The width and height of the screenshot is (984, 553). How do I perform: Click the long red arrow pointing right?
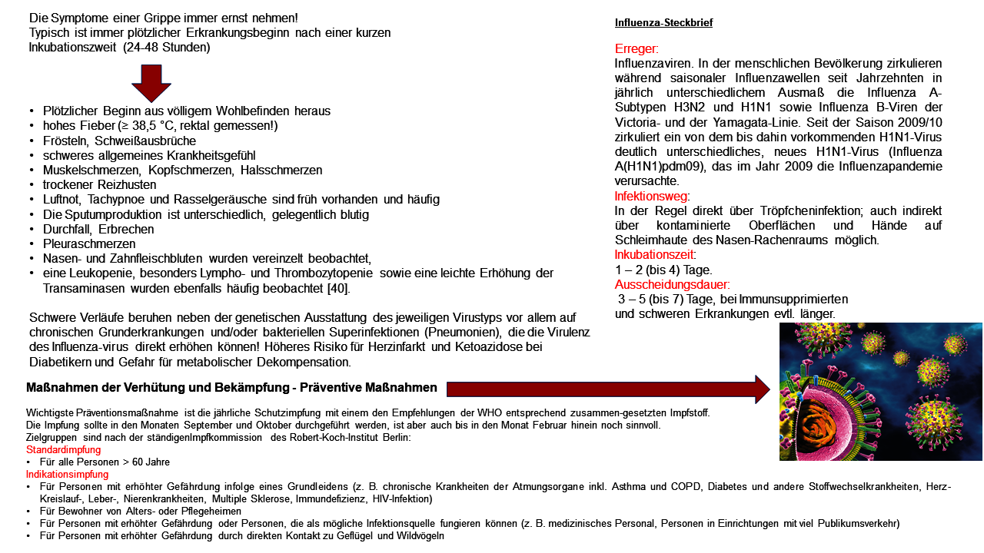[607, 389]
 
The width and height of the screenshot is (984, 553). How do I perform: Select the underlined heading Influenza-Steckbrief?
[663, 22]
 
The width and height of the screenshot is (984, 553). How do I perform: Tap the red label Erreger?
[637, 49]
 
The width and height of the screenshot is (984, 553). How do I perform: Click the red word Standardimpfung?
[63, 449]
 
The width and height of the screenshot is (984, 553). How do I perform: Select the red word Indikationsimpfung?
[67, 474]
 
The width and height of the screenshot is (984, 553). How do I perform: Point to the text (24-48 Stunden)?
[166, 47]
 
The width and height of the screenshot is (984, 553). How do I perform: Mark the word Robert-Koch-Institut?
[334, 437]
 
